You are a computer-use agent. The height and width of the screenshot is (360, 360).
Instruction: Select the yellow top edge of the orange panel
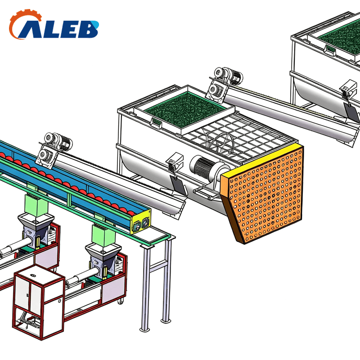tap(262, 161)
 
